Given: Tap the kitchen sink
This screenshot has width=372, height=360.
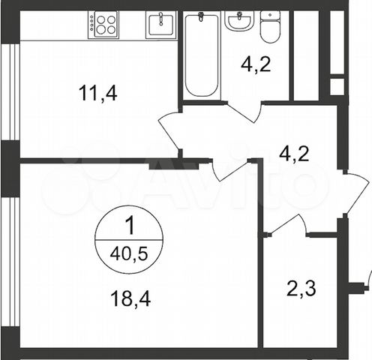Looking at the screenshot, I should [159, 25].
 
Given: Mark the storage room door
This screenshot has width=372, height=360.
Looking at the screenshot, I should [292, 225].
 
